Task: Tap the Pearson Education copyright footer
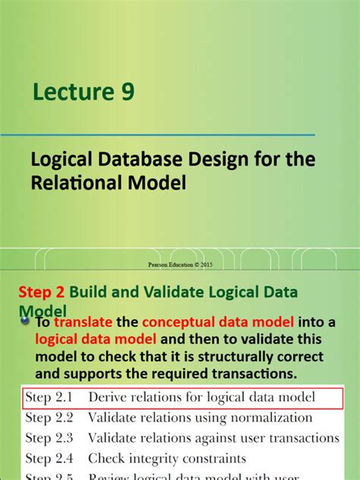click(x=180, y=265)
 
